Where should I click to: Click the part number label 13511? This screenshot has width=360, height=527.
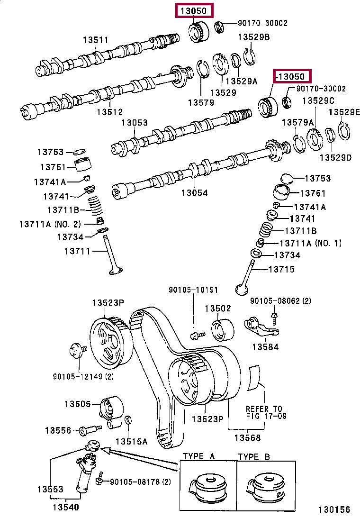pyautogui.click(x=96, y=40)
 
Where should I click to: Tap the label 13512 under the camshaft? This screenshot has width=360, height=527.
pyautogui.click(x=110, y=112)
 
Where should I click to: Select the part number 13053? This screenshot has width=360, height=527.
pyautogui.click(x=135, y=122)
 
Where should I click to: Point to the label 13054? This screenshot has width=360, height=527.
pyautogui.click(x=194, y=192)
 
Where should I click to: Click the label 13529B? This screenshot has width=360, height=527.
pyautogui.click(x=253, y=37)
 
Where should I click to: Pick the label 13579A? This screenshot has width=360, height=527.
pyautogui.click(x=297, y=122)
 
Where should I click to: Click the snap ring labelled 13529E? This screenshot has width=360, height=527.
pyautogui.click(x=344, y=131)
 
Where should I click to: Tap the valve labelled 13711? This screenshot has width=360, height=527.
pyautogui.click(x=113, y=255)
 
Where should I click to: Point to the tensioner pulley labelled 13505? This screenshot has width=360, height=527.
pyautogui.click(x=111, y=412)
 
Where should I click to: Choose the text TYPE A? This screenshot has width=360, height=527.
pyautogui.click(x=198, y=456)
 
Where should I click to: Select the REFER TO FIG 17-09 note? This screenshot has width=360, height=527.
pyautogui.click(x=266, y=412)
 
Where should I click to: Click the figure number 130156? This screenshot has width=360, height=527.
pyautogui.click(x=334, y=509)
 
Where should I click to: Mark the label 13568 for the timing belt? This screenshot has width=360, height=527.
pyautogui.click(x=247, y=437)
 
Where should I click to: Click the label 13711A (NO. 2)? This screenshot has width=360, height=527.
pyautogui.click(x=50, y=224)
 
